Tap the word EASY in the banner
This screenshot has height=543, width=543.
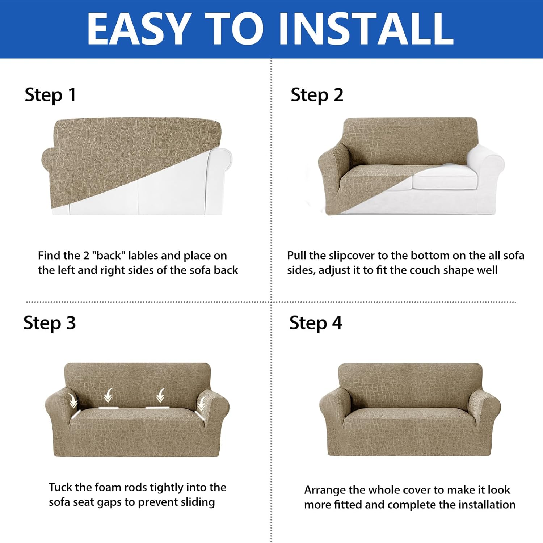(x=140, y=29)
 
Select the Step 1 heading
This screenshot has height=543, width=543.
(x=50, y=96)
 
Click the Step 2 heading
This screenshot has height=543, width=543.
(x=317, y=96)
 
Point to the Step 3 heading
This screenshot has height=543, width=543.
(x=50, y=323)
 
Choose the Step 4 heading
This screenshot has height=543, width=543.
(x=316, y=323)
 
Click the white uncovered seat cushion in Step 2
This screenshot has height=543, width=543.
(x=445, y=178)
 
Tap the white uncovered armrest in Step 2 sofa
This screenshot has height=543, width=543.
(x=485, y=167)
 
